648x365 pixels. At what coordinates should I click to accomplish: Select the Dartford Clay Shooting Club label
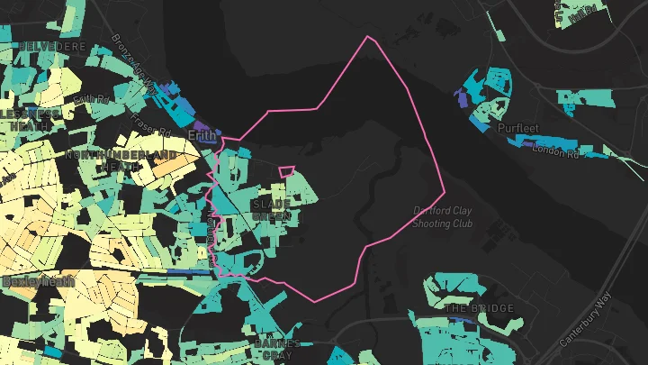pyautogui.click(x=455, y=216)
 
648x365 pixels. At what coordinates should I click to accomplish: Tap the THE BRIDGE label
pyautogui.click(x=480, y=308)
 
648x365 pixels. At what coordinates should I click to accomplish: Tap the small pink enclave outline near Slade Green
pyautogui.click(x=286, y=171)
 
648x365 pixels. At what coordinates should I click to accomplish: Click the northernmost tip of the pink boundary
pyautogui.click(x=367, y=37)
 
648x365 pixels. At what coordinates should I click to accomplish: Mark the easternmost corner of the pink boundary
pyautogui.click(x=445, y=193)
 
